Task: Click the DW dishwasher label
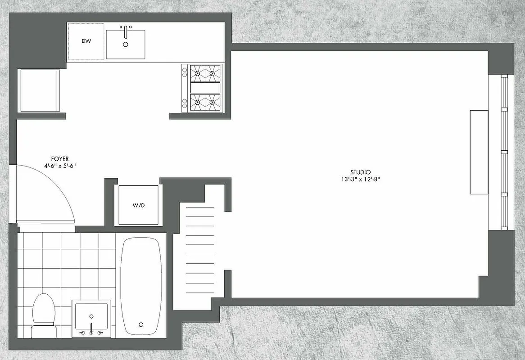86,41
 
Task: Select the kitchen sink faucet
126,30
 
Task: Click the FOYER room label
59,159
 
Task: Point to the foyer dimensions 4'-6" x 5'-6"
59,166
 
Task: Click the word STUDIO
360,172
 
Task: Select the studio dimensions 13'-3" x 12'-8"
360,179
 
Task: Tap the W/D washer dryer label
138,206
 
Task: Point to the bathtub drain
141,324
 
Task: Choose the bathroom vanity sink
91,316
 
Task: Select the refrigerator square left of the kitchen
39,90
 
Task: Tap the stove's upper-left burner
197,72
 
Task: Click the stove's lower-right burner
212,103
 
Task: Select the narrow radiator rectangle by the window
479,152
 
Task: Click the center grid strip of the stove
205,88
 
